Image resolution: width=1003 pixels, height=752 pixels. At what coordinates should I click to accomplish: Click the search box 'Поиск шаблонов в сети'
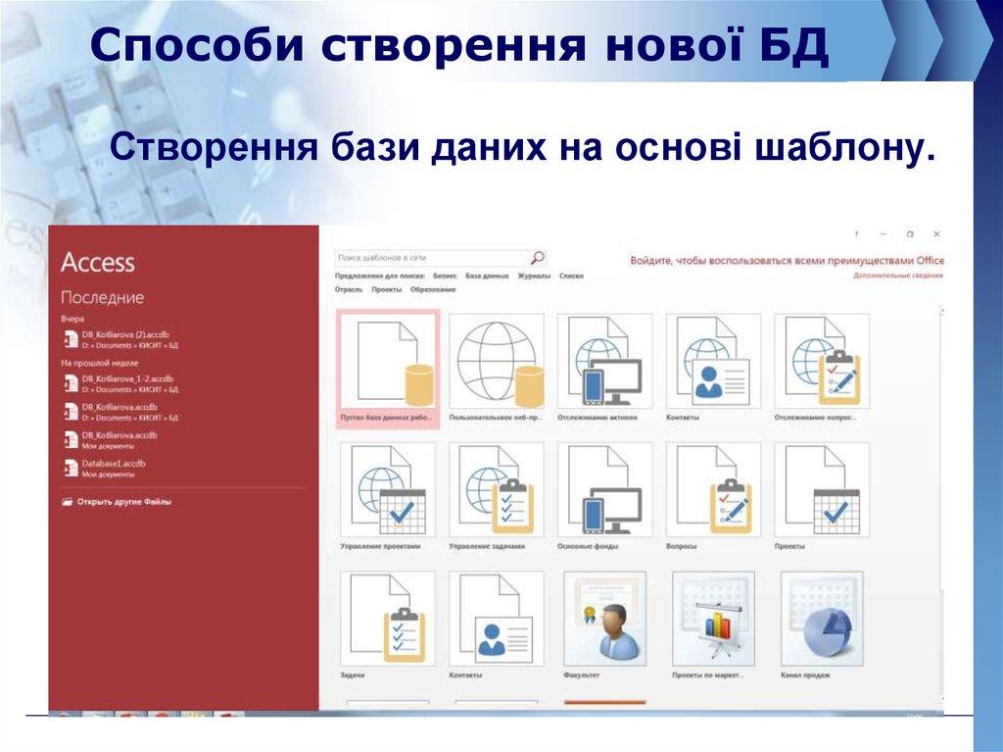tap(431, 258)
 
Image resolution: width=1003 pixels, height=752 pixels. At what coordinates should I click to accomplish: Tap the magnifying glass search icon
tap(537, 258)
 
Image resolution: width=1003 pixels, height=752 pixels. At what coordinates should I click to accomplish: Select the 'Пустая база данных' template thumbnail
tap(388, 359)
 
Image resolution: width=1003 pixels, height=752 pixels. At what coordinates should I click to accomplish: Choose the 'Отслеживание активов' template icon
tap(604, 361)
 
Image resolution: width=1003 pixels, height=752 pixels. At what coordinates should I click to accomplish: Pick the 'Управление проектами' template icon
tap(388, 489)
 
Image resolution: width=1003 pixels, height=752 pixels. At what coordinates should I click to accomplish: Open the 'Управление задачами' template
tap(497, 489)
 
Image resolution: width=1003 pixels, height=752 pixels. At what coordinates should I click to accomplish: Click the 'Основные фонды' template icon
tap(604, 489)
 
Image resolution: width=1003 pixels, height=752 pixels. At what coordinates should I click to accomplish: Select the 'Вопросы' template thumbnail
tap(713, 489)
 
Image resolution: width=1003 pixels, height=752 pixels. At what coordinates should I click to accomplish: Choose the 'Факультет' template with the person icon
tap(604, 618)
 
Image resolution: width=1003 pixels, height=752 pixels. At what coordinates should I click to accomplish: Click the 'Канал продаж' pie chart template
tap(821, 618)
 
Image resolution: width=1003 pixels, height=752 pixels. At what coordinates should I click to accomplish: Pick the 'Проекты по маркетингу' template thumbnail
tap(713, 618)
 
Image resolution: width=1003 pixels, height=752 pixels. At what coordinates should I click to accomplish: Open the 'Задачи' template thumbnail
tap(388, 618)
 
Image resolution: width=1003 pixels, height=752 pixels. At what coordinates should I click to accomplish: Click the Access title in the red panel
tap(97, 262)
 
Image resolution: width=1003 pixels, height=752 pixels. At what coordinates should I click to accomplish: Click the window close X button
tap(936, 234)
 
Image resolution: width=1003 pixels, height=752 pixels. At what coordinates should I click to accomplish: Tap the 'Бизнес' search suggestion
tap(445, 276)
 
